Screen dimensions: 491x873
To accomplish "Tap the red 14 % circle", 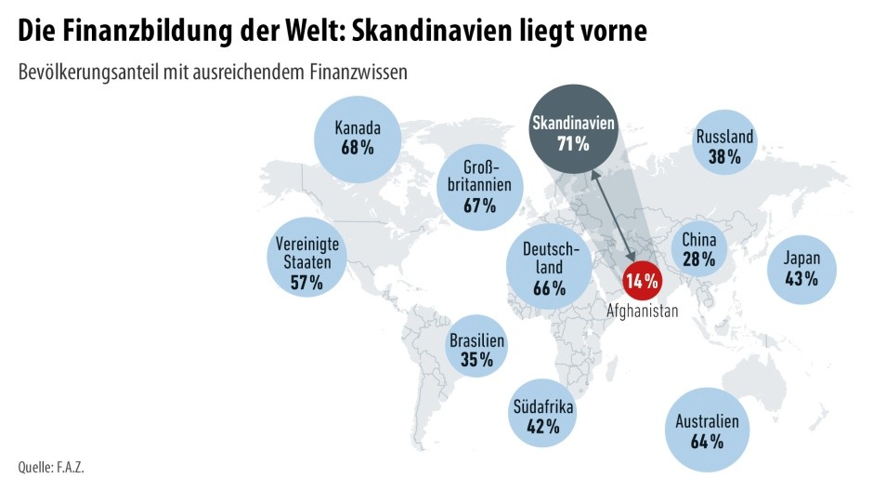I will click(642, 280).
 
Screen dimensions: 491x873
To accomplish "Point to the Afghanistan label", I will click(642, 312).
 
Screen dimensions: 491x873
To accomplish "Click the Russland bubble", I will click(724, 147).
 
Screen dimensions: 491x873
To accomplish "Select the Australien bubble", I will click(708, 430).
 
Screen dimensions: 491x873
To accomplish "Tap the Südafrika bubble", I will click(543, 417).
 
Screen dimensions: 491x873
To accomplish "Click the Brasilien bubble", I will click(476, 350).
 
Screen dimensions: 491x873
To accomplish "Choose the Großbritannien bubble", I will click(479, 186).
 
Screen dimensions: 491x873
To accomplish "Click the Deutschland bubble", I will click(550, 268).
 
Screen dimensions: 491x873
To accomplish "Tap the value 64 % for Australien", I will click(708, 441).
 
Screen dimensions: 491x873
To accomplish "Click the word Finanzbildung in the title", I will click(136, 31).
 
